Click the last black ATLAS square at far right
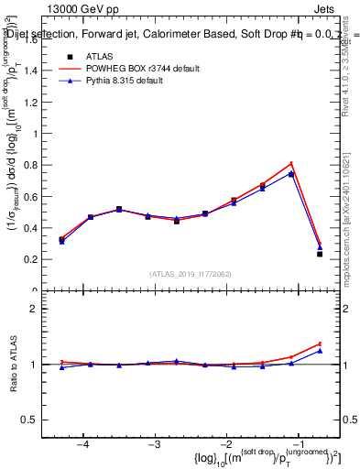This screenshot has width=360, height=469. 320,254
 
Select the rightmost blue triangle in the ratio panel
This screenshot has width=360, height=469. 320,351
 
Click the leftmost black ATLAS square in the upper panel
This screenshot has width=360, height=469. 61,240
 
